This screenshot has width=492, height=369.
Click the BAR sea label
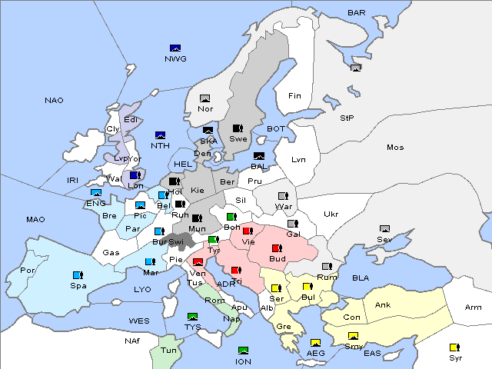[x=357, y=12]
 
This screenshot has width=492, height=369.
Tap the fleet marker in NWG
[x=175, y=48]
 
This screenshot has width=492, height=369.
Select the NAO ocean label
[x=54, y=100]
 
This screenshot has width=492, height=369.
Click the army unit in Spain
[x=77, y=274]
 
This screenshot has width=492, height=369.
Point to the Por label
[x=28, y=271]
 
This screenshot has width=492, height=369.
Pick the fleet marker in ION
[x=243, y=351]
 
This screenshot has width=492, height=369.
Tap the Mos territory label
[x=395, y=147]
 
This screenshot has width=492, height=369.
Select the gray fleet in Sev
[x=384, y=229]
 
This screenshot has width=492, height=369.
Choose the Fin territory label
[x=294, y=96]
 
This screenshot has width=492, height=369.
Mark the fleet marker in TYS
[x=192, y=316]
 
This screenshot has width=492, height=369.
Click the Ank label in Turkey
[x=383, y=305]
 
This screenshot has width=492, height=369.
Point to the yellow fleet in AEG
[x=315, y=343]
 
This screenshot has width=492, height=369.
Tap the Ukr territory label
[x=331, y=214]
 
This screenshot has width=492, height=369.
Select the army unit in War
[x=283, y=195]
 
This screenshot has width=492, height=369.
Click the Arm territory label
[x=474, y=307]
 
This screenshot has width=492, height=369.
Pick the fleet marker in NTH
[x=160, y=135]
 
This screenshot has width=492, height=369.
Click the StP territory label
[x=347, y=118]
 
